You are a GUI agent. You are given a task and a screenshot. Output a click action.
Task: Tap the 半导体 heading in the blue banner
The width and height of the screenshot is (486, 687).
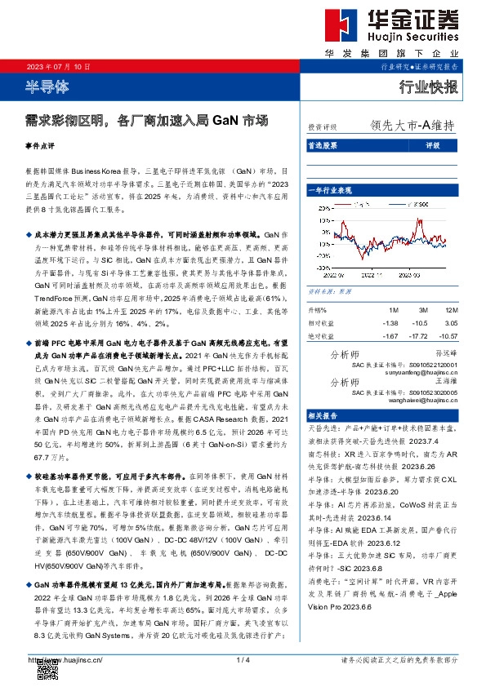48,86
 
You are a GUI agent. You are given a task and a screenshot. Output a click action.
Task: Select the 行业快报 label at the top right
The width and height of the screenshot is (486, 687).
429,87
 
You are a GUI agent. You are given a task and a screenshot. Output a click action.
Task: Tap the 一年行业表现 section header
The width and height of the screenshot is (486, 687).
334,189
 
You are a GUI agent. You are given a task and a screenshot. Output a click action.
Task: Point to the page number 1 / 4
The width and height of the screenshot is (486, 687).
243,658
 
